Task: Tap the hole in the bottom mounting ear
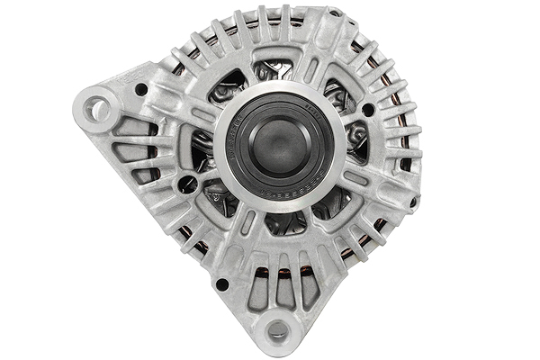point(277,330)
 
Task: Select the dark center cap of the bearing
point(279,144)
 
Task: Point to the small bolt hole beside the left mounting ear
point(141,89)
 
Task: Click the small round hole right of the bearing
point(368,110)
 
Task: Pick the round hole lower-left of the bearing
point(187,184)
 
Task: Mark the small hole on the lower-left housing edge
point(221,284)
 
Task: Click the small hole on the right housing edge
point(413,202)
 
